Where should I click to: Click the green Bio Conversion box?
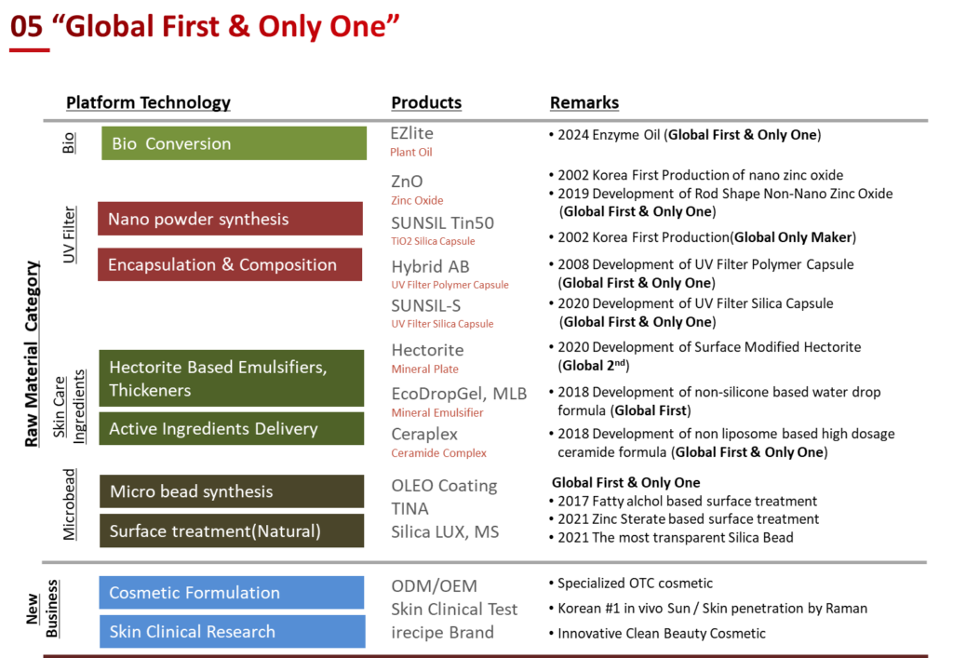(234, 143)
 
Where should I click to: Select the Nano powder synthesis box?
(230, 220)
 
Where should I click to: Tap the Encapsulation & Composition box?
(230, 265)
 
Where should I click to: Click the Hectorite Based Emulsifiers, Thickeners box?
(231, 379)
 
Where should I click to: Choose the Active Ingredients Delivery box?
(231, 429)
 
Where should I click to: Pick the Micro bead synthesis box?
(231, 491)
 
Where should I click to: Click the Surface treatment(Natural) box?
(231, 531)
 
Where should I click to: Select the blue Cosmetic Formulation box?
(231, 593)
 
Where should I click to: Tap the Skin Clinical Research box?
(231, 632)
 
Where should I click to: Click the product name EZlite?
(411, 134)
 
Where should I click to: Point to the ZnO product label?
(407, 181)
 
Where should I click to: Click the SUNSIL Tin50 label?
(442, 223)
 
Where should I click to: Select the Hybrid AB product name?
(430, 267)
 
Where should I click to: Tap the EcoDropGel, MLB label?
(459, 394)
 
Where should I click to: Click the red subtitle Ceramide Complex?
(438, 454)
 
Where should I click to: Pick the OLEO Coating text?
(444, 486)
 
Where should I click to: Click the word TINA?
(409, 509)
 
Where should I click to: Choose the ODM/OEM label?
(434, 586)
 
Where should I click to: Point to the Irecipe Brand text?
(442, 633)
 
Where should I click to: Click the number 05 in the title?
(26, 26)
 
